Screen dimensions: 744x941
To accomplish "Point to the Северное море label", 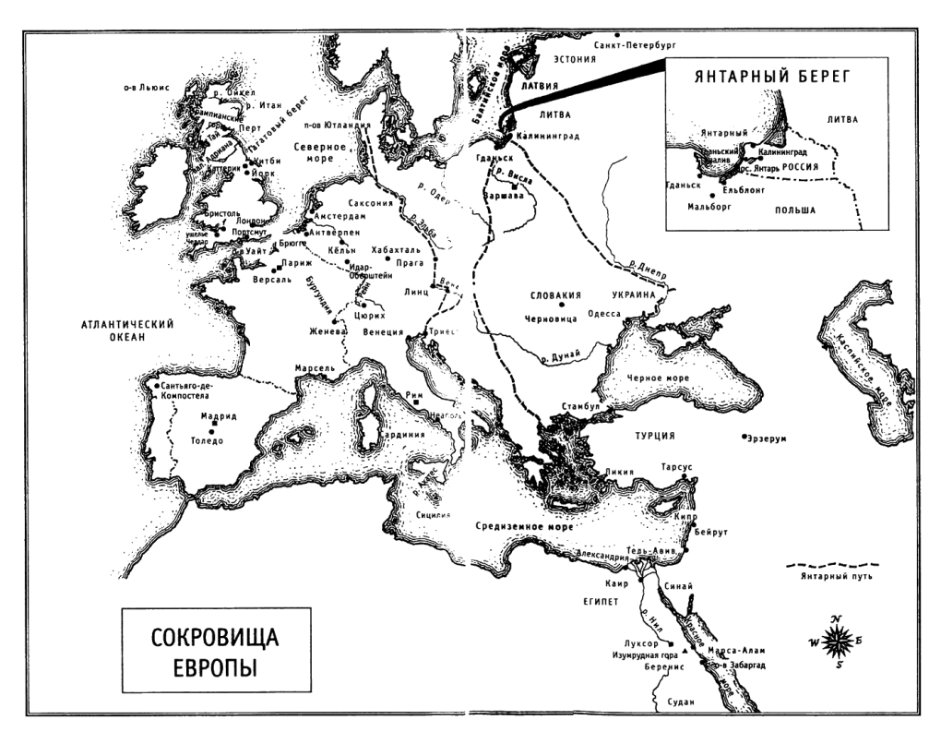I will tap(320, 151).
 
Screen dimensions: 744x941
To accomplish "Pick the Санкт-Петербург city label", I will tap(637, 43).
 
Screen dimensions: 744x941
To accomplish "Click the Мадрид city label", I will tap(214, 416).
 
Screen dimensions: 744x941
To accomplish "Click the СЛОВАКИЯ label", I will tap(555, 296).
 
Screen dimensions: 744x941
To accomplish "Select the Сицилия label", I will tap(430, 513).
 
